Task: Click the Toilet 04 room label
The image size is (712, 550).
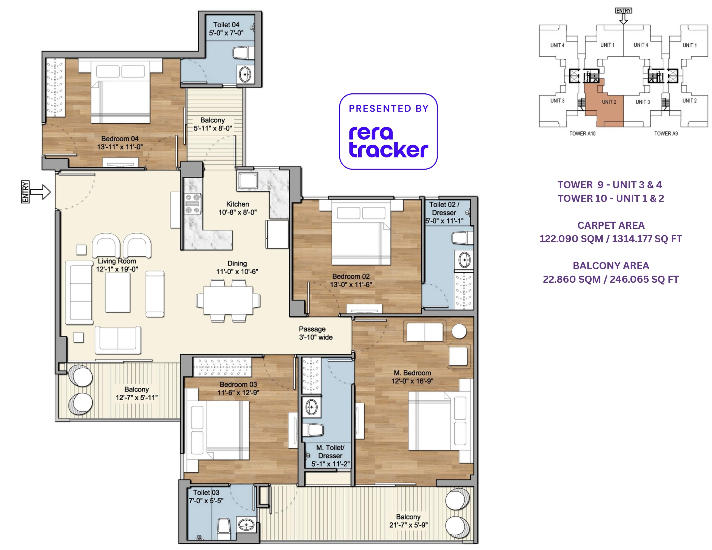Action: (x=226, y=25)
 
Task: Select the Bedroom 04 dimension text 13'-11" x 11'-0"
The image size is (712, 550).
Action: (x=120, y=147)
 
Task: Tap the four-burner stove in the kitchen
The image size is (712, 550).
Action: (x=192, y=204)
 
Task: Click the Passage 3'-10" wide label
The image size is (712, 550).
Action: (x=316, y=333)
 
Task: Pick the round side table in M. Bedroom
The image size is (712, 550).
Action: (x=459, y=331)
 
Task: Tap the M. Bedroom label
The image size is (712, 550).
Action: (x=412, y=373)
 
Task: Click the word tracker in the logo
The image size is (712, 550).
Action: (x=388, y=150)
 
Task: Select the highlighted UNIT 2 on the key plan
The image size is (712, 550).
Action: (x=609, y=102)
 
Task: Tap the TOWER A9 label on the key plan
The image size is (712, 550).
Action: (x=666, y=134)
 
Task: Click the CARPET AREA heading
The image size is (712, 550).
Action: (x=611, y=225)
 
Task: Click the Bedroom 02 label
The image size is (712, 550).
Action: (x=351, y=276)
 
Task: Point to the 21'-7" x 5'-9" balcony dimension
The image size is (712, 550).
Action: (x=408, y=525)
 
